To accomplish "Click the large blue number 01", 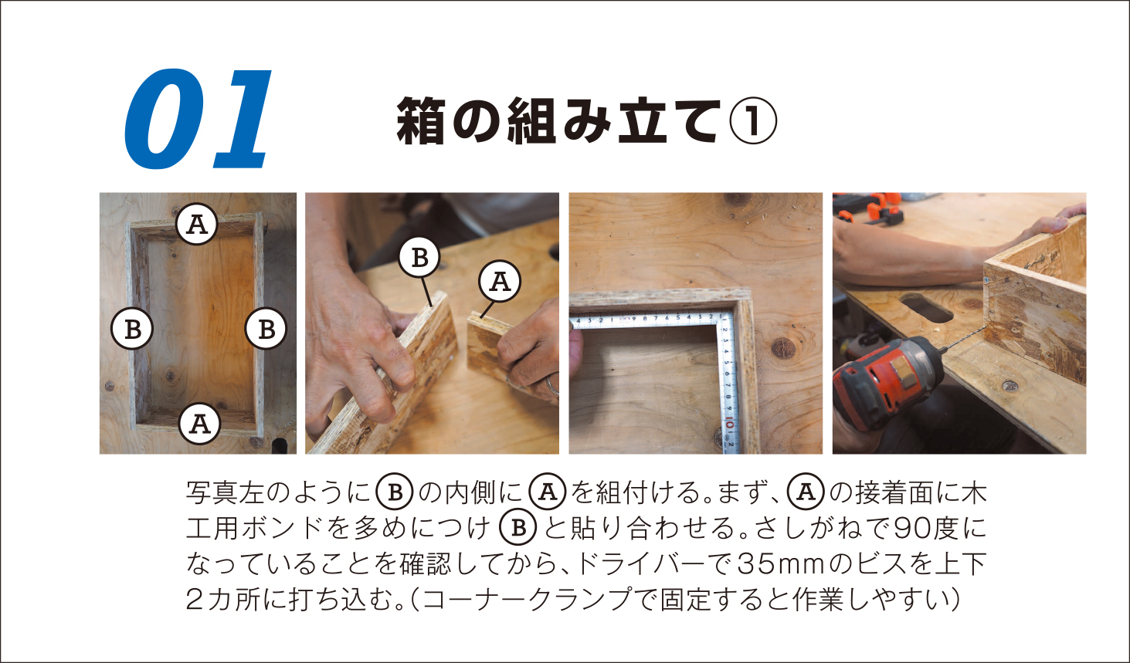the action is click(198, 119).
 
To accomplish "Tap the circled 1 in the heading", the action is click(752, 121).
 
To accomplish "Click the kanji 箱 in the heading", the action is click(420, 121).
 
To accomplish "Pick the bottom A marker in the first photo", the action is click(200, 424).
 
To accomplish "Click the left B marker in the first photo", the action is click(131, 330).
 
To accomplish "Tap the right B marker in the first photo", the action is click(266, 328).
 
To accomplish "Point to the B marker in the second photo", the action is click(419, 257).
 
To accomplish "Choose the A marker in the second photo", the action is click(500, 281).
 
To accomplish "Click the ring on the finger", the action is click(551, 386).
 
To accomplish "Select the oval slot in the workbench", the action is click(927, 309).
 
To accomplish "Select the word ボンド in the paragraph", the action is click(282, 528).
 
